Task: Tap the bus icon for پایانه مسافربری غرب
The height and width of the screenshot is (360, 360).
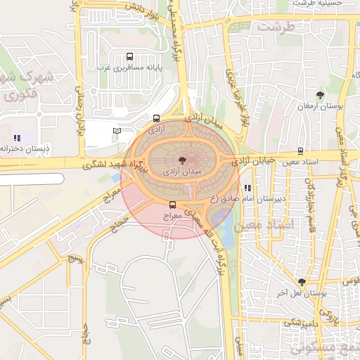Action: (129, 57)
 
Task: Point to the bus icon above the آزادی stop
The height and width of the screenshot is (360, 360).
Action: (156, 119)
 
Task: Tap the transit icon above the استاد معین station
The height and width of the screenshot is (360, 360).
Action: (300, 151)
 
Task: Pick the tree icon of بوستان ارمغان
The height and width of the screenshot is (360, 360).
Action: (321, 94)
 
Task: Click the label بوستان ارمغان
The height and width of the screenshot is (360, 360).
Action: (321, 105)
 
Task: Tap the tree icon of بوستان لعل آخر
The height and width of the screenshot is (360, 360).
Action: (302, 281)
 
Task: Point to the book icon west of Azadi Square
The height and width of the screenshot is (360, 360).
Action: (117, 131)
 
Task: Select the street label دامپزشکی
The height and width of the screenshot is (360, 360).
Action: (284, 323)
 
